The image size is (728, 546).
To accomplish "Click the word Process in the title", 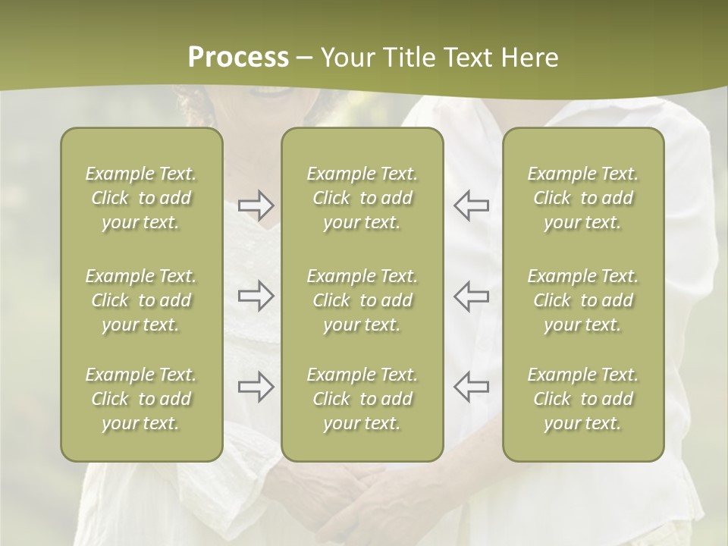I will [238, 58].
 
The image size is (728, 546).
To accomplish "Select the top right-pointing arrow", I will [256, 206].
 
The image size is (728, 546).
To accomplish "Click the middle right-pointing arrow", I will [256, 296].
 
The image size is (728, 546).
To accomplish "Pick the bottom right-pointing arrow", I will [256, 387].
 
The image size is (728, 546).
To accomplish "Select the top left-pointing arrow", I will [472, 206].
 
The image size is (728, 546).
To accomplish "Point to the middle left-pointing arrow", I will [472, 296].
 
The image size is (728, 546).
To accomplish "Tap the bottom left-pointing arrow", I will [472, 387].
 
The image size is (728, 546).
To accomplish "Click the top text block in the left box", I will [141, 198].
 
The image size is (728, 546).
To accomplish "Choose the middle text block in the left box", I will [141, 300].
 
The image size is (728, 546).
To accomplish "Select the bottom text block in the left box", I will [141, 399].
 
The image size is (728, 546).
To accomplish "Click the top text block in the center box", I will [362, 198].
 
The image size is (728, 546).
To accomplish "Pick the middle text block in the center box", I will [362, 300].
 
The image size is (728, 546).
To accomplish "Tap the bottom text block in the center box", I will [362, 399].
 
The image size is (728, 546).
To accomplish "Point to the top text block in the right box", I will [583, 198].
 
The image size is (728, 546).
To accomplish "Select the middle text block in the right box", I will [583, 300].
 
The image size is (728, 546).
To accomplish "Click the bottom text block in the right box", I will [583, 399].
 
